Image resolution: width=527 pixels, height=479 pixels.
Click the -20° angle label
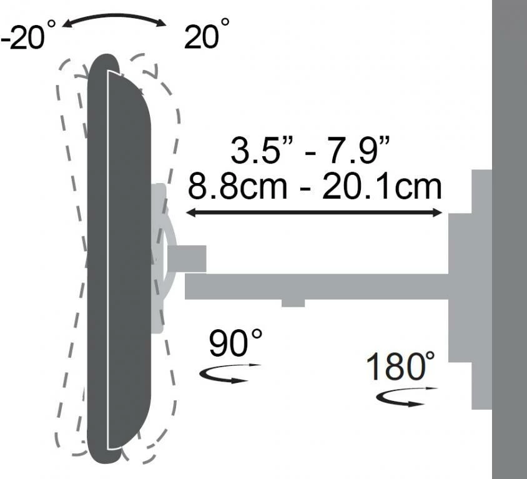click(x=27, y=36)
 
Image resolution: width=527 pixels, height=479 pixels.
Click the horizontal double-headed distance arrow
click(x=314, y=212)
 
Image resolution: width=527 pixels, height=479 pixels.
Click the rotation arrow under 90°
click(x=229, y=373)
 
